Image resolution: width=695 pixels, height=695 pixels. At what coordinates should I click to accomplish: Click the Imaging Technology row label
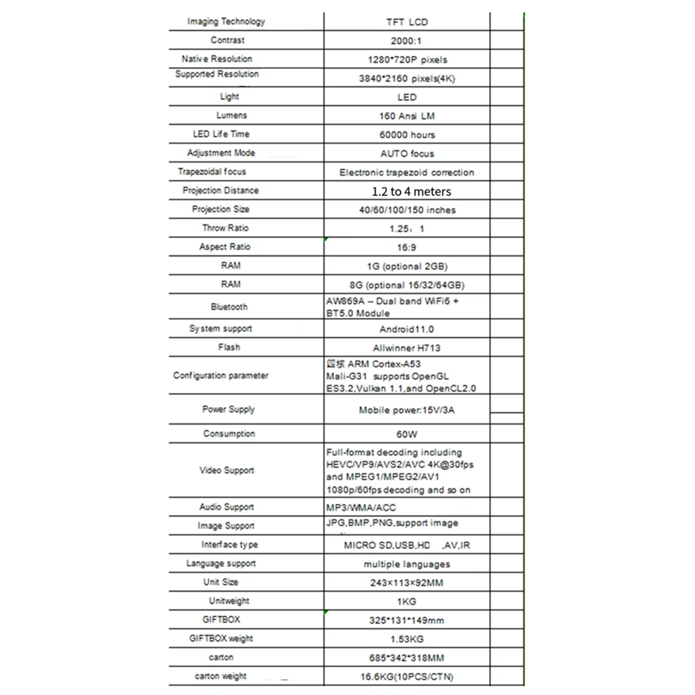point(226,21)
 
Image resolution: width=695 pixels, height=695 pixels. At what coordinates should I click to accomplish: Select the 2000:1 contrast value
point(406,41)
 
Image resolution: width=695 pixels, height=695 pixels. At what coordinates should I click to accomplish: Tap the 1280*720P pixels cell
point(407,60)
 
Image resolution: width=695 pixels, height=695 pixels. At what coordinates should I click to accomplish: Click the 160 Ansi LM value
point(407,116)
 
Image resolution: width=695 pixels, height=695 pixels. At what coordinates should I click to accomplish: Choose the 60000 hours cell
point(407,135)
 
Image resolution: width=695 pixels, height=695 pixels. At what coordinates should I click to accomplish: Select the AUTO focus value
point(407,153)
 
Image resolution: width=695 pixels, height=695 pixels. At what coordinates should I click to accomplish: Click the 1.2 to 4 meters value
point(411,191)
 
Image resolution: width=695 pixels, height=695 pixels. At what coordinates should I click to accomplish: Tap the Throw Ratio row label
point(225,228)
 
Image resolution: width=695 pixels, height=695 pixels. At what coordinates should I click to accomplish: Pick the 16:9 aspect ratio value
point(406,247)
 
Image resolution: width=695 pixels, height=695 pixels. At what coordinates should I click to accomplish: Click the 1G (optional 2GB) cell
point(407,266)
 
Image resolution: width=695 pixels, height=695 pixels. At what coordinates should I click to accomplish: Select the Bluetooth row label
point(229,307)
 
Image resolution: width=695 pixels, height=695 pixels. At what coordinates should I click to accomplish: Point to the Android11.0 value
point(407,329)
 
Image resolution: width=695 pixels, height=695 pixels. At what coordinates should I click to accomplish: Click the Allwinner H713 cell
point(407,348)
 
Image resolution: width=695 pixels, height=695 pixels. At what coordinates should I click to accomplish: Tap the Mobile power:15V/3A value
point(407,410)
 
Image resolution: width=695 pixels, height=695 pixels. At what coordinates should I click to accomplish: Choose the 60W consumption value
point(407,434)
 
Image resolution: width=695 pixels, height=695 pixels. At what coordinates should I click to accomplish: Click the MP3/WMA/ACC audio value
point(361,507)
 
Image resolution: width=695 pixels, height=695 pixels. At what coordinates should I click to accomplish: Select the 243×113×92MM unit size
point(407,583)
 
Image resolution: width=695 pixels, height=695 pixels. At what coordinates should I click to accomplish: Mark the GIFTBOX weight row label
point(221,638)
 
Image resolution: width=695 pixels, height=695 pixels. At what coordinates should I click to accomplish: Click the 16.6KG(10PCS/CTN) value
point(407,676)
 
